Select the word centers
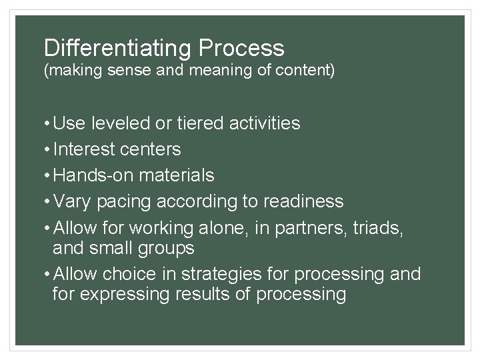151,149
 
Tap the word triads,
378,227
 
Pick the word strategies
249,274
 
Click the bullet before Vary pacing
47,201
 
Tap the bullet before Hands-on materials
47,175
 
